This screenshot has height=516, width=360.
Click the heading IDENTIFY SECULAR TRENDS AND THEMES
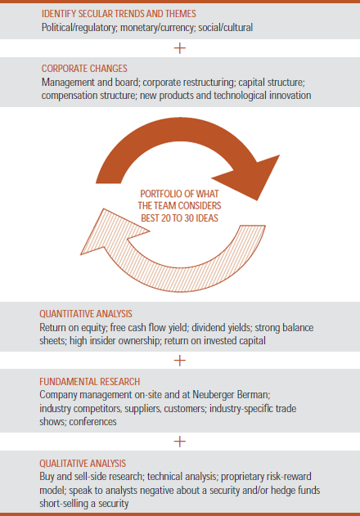coord(119,14)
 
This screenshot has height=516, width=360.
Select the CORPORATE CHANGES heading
coord(84,69)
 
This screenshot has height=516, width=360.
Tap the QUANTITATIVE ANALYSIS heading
coord(86,314)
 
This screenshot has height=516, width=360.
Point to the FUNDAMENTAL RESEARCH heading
coord(89,381)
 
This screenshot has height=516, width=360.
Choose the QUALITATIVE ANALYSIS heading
coord(83,464)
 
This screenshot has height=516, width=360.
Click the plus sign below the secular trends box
coord(180,48)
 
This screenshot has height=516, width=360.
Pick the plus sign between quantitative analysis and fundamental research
coord(180,361)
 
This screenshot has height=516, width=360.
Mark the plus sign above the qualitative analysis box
coord(180,442)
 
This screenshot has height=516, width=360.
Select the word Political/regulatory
coord(79,27)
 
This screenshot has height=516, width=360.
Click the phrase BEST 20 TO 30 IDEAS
coord(179,218)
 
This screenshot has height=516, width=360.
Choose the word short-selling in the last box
coord(59,504)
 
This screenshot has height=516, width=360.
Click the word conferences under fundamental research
coord(93,422)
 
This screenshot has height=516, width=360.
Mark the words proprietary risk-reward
coord(266,477)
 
